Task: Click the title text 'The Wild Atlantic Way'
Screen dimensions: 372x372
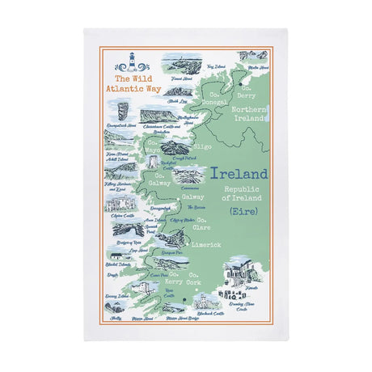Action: (x=132, y=84)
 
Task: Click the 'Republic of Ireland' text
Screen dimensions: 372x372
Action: (x=245, y=193)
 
